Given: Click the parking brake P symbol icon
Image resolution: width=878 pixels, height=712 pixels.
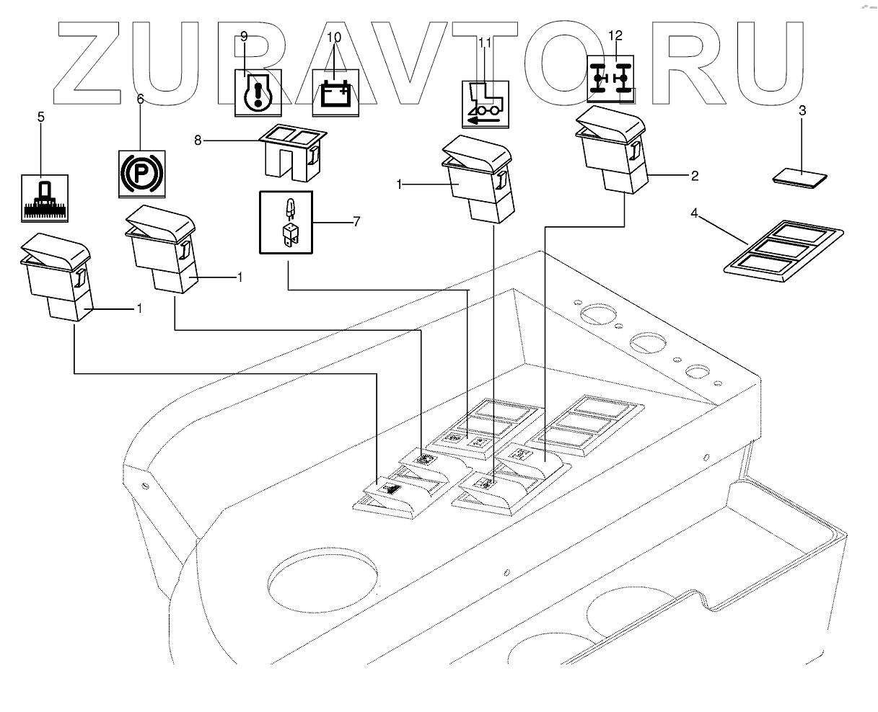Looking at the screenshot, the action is pos(141,174).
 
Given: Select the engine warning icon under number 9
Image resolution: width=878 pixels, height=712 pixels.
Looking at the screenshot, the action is pos(259,94).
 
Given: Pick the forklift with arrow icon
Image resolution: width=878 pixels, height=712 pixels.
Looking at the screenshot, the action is pos(485,104).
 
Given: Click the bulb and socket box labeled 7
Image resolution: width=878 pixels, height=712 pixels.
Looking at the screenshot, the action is pos(286,223).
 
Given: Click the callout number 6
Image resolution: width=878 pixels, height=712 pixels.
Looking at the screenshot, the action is pos(140,100).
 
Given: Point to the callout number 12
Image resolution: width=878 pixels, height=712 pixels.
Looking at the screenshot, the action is pos(614,35).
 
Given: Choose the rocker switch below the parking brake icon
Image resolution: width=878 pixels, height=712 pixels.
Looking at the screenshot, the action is pos(162,248).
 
